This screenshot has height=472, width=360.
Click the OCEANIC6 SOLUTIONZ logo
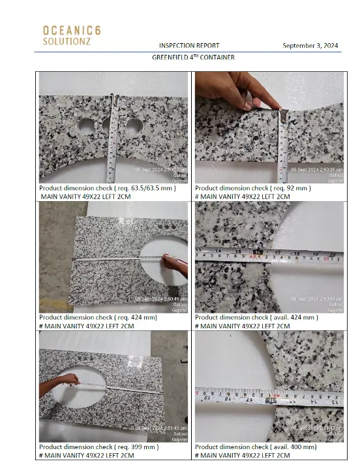point(71,35)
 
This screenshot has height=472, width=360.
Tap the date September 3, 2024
point(310,46)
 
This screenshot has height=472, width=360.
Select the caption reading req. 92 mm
point(252,188)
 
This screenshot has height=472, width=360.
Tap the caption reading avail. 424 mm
point(256,317)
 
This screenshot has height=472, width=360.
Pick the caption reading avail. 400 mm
point(256,447)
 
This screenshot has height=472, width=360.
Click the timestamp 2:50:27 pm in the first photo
point(160,169)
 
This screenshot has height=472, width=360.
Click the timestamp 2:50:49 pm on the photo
point(160,299)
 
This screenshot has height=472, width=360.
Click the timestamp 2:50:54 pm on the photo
point(316,299)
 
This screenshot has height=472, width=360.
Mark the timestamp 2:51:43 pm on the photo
point(160,428)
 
